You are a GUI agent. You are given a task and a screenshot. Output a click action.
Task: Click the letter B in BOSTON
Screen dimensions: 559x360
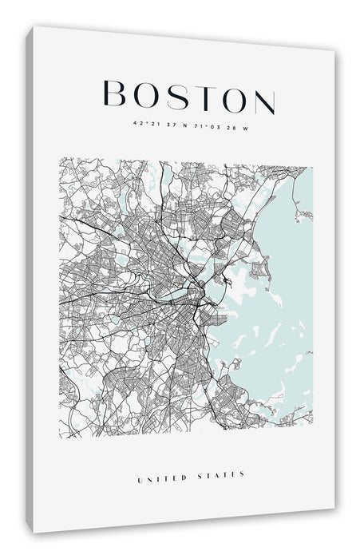(117, 95)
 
